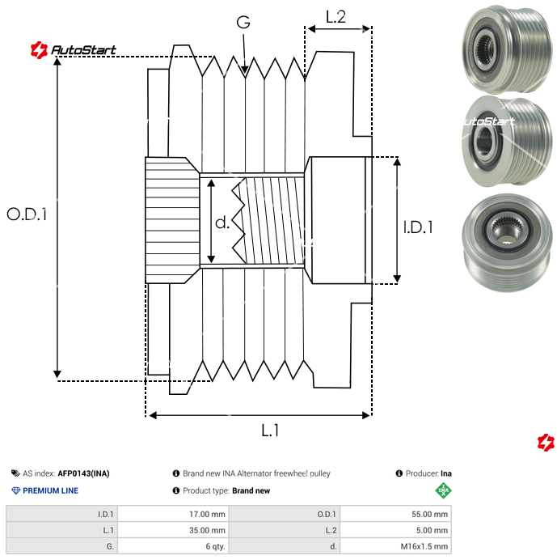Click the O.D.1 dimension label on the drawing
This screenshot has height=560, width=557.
tap(27, 214)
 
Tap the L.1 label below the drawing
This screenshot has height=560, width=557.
tap(270, 431)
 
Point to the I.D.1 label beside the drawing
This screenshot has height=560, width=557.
tap(418, 228)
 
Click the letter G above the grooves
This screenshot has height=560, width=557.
tap(243, 22)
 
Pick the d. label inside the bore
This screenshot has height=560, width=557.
tap(222, 223)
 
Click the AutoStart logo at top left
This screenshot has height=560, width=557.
tap(73, 50)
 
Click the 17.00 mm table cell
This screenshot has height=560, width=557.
tap(174, 514)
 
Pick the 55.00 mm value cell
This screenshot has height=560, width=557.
tap(396, 514)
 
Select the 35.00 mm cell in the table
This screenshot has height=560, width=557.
tap(174, 530)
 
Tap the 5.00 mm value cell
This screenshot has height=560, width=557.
tap(396, 530)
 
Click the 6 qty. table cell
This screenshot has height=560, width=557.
tap(174, 546)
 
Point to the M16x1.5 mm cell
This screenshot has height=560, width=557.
tap(396, 546)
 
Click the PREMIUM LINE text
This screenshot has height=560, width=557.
tap(50, 490)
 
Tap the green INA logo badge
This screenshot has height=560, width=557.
tap(442, 490)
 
